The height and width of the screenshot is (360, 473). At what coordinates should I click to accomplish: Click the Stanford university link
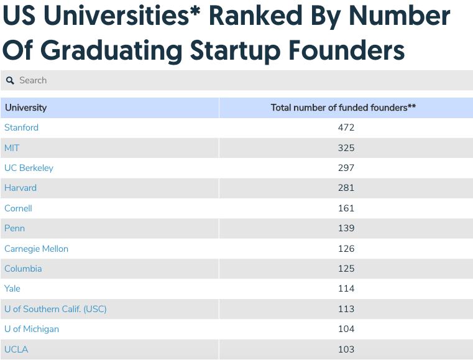coord(21,127)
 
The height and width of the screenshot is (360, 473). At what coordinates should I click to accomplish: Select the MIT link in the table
coord(12,148)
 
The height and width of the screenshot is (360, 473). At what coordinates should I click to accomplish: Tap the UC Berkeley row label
coord(29,168)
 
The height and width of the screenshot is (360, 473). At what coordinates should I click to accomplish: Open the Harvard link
coord(21,188)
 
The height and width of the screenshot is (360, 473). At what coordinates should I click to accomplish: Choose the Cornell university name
coord(18,208)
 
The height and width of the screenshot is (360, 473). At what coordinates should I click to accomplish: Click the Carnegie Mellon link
coord(36,249)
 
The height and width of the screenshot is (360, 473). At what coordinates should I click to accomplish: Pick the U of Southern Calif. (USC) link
coord(55,309)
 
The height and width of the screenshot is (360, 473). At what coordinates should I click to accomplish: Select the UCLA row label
coord(16,349)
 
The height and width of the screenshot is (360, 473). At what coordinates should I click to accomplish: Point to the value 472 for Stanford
coord(346,127)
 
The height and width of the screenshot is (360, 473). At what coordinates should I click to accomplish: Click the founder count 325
coord(346,148)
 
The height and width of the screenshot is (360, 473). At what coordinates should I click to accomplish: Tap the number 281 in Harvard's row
coord(346,188)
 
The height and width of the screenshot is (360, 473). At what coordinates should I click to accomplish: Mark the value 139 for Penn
coord(346,228)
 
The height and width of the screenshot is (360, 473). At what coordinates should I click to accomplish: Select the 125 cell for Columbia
coord(346,269)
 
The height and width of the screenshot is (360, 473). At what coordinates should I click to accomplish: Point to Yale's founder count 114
coord(346,288)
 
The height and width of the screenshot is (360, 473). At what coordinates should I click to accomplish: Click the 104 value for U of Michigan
coord(346,329)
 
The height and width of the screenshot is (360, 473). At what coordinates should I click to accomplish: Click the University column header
coord(25,108)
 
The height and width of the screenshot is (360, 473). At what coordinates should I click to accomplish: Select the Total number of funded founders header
coord(343,108)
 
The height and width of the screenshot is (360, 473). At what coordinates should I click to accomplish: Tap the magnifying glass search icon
coord(10,81)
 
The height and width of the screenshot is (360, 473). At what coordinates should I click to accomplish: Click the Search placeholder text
coord(33,80)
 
